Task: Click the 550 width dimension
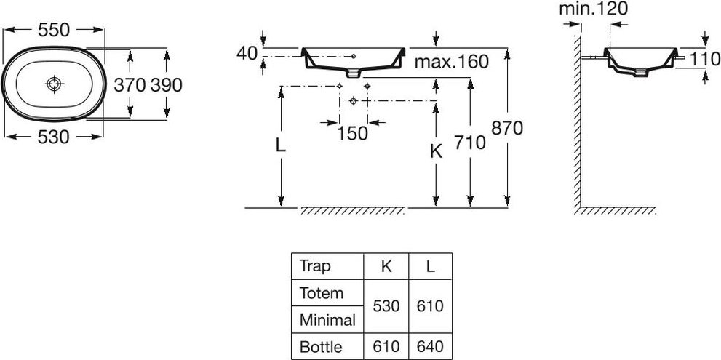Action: pyautogui.click(x=54, y=31)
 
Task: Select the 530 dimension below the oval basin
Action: pyautogui.click(x=53, y=137)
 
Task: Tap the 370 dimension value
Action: pyautogui.click(x=130, y=85)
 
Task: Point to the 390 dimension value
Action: pyautogui.click(x=167, y=85)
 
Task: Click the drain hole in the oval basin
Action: pyautogui.click(x=55, y=84)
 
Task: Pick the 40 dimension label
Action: pyautogui.click(x=247, y=54)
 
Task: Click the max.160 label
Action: pyautogui.click(x=451, y=62)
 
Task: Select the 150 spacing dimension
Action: pyautogui.click(x=353, y=133)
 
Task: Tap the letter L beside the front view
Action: pyautogui.click(x=281, y=145)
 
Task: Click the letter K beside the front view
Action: pyautogui.click(x=436, y=151)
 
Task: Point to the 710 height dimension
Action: pyautogui.click(x=469, y=143)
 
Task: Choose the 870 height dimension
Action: pyautogui.click(x=507, y=128)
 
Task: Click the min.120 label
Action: pyautogui.click(x=594, y=9)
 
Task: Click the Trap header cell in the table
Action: pyautogui.click(x=315, y=265)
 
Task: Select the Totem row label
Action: pyautogui.click(x=322, y=292)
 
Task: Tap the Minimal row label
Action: pyautogui.click(x=328, y=319)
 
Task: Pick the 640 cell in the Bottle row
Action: pyautogui.click(x=431, y=346)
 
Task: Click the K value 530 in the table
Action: pyautogui.click(x=386, y=305)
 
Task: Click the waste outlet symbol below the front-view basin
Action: pyautogui.click(x=353, y=101)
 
